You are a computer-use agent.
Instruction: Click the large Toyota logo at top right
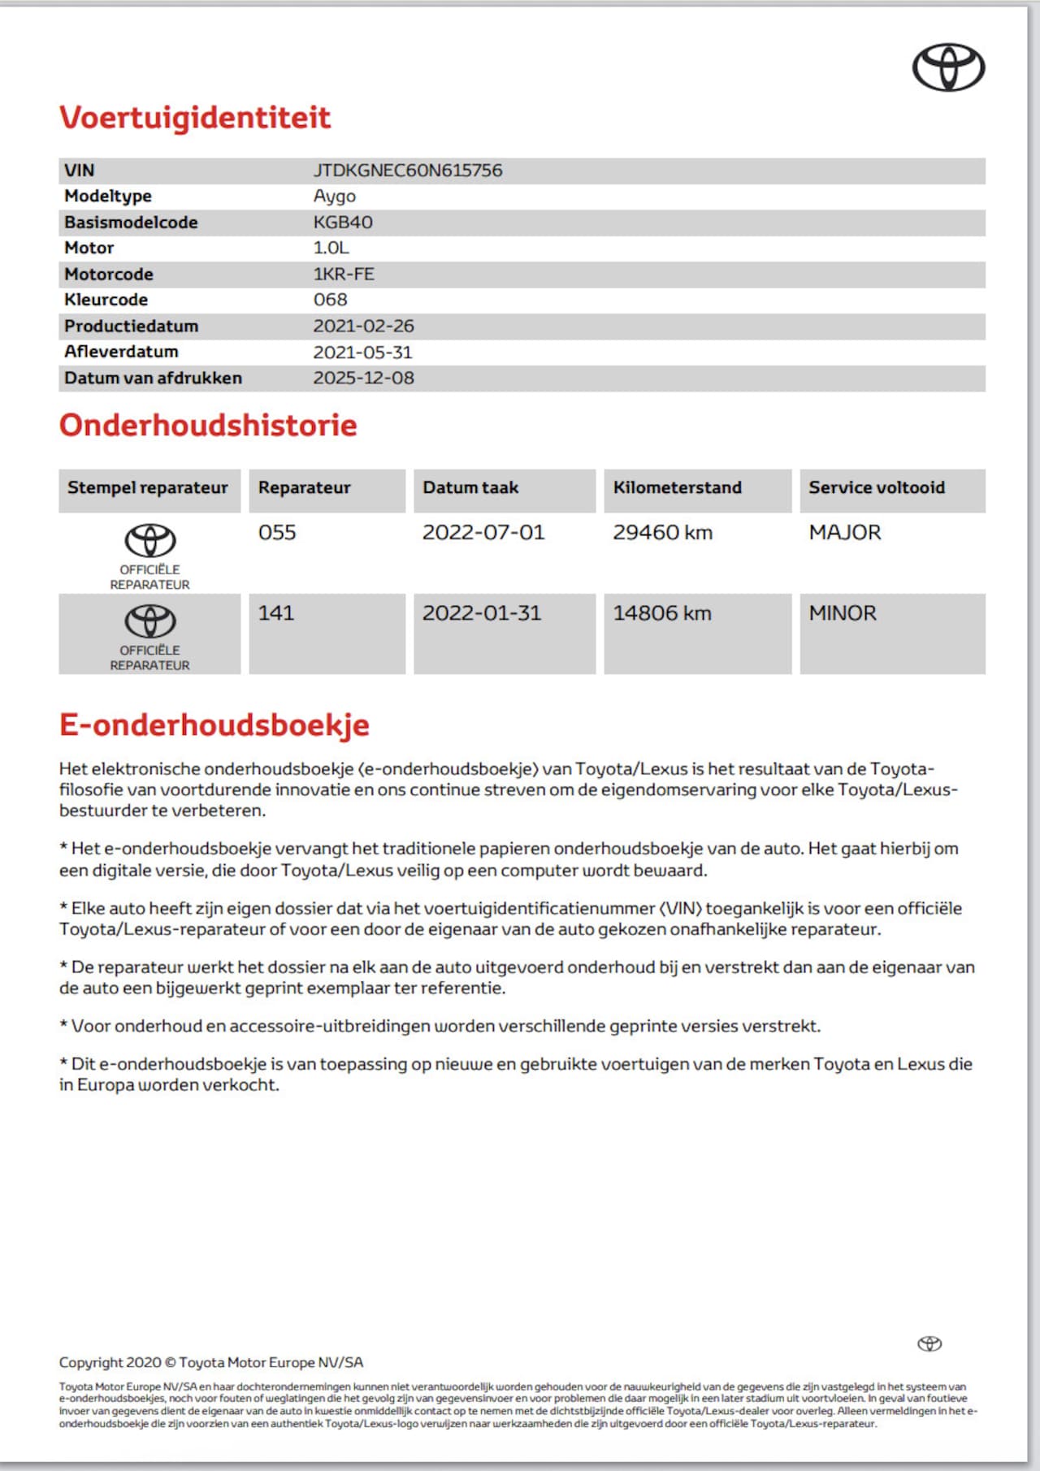tap(948, 67)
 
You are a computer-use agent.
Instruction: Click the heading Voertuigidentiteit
tap(195, 118)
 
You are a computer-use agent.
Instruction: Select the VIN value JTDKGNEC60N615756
tap(408, 171)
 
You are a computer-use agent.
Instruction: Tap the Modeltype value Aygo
tap(335, 197)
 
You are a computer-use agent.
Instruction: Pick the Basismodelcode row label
tap(131, 223)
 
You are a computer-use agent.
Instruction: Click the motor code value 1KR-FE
tap(344, 275)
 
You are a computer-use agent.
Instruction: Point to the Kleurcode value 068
tap(330, 300)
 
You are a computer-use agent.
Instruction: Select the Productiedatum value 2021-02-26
tap(363, 326)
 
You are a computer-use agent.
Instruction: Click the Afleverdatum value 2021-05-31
tap(362, 352)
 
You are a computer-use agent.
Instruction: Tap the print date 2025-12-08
tap(363, 378)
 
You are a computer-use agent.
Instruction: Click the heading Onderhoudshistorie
tap(208, 426)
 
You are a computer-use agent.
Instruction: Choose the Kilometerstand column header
tap(677, 487)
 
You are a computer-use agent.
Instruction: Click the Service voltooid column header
tap(876, 487)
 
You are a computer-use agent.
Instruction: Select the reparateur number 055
tap(277, 533)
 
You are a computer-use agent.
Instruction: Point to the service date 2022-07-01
tap(483, 533)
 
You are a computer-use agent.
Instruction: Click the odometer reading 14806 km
tap(661, 613)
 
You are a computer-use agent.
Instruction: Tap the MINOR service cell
tap(843, 613)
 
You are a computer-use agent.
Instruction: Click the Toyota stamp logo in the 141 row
tap(149, 622)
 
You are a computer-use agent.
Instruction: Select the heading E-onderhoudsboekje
tap(214, 725)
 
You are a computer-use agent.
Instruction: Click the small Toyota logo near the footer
tap(929, 1343)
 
